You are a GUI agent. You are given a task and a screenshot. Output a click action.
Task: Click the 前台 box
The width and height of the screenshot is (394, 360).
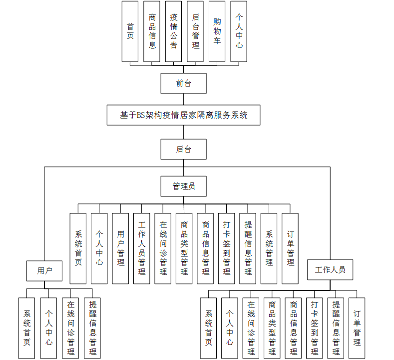point(183,83)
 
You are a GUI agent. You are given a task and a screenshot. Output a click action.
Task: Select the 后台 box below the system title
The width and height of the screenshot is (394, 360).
point(183,149)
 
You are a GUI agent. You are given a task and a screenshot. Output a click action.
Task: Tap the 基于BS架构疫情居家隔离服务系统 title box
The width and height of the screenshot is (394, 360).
point(183,115)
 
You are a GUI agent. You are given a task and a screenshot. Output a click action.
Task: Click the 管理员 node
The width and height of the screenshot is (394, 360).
point(183,186)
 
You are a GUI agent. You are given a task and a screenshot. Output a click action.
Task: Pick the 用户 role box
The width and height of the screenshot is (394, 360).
point(44,270)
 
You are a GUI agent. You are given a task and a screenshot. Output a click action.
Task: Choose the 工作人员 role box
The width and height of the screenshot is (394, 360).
point(330,269)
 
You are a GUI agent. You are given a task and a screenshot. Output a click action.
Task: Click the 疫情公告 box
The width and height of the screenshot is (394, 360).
point(173,31)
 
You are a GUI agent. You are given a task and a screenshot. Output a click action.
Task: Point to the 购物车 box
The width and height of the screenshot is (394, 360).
point(217,31)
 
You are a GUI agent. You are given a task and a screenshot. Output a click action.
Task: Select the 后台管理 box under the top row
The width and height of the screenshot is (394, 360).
point(195,31)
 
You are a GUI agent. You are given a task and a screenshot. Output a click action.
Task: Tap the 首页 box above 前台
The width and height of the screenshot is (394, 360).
point(130,31)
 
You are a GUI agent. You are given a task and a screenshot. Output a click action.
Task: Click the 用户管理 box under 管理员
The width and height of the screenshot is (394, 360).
point(120,248)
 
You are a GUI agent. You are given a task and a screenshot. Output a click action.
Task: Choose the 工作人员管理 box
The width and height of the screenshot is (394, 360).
point(142,248)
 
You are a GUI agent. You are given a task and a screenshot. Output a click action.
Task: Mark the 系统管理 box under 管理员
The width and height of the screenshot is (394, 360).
point(269,248)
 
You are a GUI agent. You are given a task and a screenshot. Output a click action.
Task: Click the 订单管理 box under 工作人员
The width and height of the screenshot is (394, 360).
point(357,328)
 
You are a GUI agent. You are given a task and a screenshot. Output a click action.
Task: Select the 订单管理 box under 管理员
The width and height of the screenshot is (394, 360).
point(290,248)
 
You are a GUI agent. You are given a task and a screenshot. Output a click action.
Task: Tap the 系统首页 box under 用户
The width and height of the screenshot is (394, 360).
point(27,328)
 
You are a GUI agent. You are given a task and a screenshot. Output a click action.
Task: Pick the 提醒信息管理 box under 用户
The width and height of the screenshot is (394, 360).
point(92,328)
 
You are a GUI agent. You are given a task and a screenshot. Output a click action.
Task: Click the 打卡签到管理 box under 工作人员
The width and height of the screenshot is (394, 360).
point(314,328)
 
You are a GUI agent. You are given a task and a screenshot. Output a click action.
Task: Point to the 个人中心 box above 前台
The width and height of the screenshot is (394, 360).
point(239,31)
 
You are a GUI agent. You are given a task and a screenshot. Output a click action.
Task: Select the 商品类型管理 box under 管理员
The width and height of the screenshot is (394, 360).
point(184,248)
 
